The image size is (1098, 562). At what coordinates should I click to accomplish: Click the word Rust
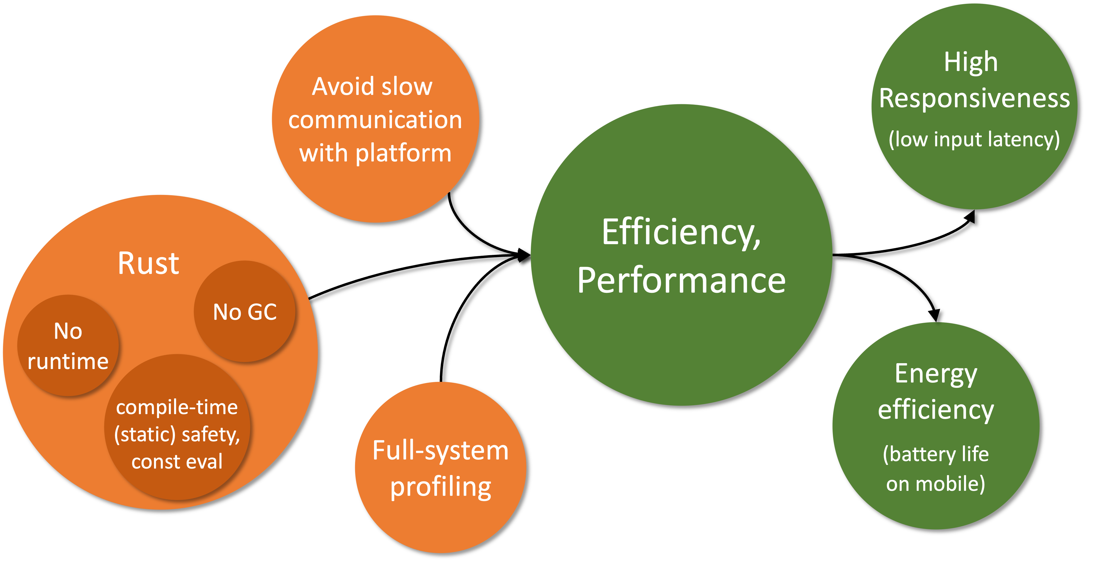[x=148, y=263]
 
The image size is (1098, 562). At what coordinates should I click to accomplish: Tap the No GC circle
[x=245, y=312]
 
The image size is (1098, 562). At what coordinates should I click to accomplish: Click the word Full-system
[x=440, y=450]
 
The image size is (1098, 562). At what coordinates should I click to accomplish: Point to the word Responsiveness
[x=975, y=98]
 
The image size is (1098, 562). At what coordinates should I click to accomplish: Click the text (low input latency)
[x=975, y=139]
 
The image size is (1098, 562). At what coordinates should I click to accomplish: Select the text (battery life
[x=936, y=454]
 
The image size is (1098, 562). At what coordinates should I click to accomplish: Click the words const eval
[x=177, y=461]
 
